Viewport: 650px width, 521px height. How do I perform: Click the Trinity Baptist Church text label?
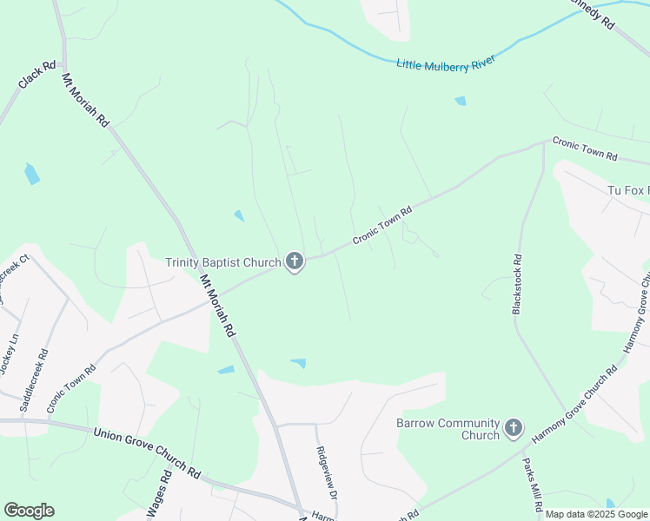223,262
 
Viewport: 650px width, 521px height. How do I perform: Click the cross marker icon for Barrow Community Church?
514,428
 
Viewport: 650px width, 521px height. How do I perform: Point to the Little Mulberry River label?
446,63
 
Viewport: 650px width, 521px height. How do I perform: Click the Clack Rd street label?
36,75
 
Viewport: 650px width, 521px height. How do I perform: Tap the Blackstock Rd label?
517,283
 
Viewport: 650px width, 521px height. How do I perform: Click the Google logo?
29,511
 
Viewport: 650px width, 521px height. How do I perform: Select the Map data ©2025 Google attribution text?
595,514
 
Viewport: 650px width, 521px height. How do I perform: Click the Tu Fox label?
627,190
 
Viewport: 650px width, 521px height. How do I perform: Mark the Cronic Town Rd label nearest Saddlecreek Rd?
71,387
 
